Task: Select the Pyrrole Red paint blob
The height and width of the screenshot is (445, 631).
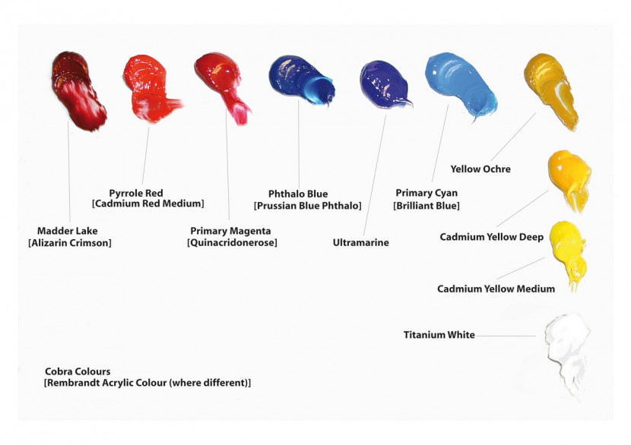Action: click(148, 88)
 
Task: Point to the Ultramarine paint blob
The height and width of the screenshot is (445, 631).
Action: click(385, 84)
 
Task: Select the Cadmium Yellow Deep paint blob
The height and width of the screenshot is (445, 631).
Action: click(569, 179)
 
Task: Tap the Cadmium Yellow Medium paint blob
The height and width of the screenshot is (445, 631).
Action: click(568, 253)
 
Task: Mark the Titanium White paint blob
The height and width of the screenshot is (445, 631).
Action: click(566, 354)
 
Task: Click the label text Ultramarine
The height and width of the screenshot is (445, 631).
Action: click(361, 242)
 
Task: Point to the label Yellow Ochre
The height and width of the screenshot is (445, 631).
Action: click(480, 169)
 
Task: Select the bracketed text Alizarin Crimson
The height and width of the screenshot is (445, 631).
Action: click(70, 243)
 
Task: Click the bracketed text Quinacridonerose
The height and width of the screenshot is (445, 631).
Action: click(232, 243)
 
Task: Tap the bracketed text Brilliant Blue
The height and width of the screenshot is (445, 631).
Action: click(426, 206)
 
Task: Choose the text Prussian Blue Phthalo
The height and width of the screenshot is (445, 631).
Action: click(308, 206)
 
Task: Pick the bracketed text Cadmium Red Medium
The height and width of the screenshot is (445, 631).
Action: click(148, 204)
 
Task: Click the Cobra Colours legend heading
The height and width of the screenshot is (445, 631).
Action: click(78, 371)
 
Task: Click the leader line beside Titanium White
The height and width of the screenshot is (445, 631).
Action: click(506, 336)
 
